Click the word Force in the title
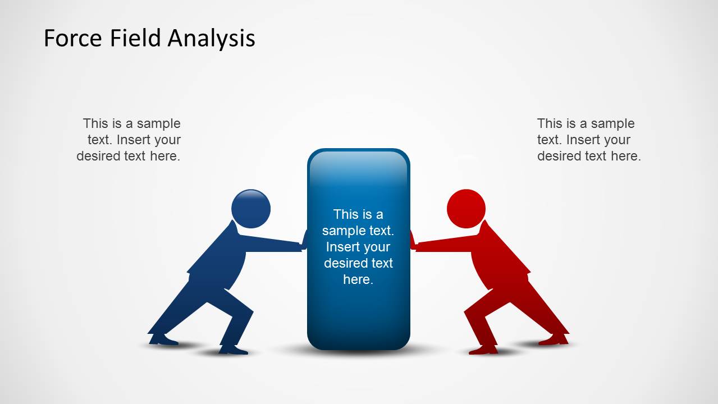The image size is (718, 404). [x=73, y=38]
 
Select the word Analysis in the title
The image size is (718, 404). [x=212, y=39]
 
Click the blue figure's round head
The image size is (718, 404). [x=251, y=209]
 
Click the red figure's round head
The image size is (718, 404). [x=466, y=209]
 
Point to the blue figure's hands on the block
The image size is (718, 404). [x=304, y=240]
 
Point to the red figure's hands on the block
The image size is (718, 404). [x=413, y=240]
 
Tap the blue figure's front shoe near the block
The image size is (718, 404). [x=234, y=350]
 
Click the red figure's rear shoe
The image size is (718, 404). [x=554, y=339]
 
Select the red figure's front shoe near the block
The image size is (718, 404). [x=483, y=350]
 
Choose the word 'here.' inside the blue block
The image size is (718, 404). [x=358, y=279]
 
